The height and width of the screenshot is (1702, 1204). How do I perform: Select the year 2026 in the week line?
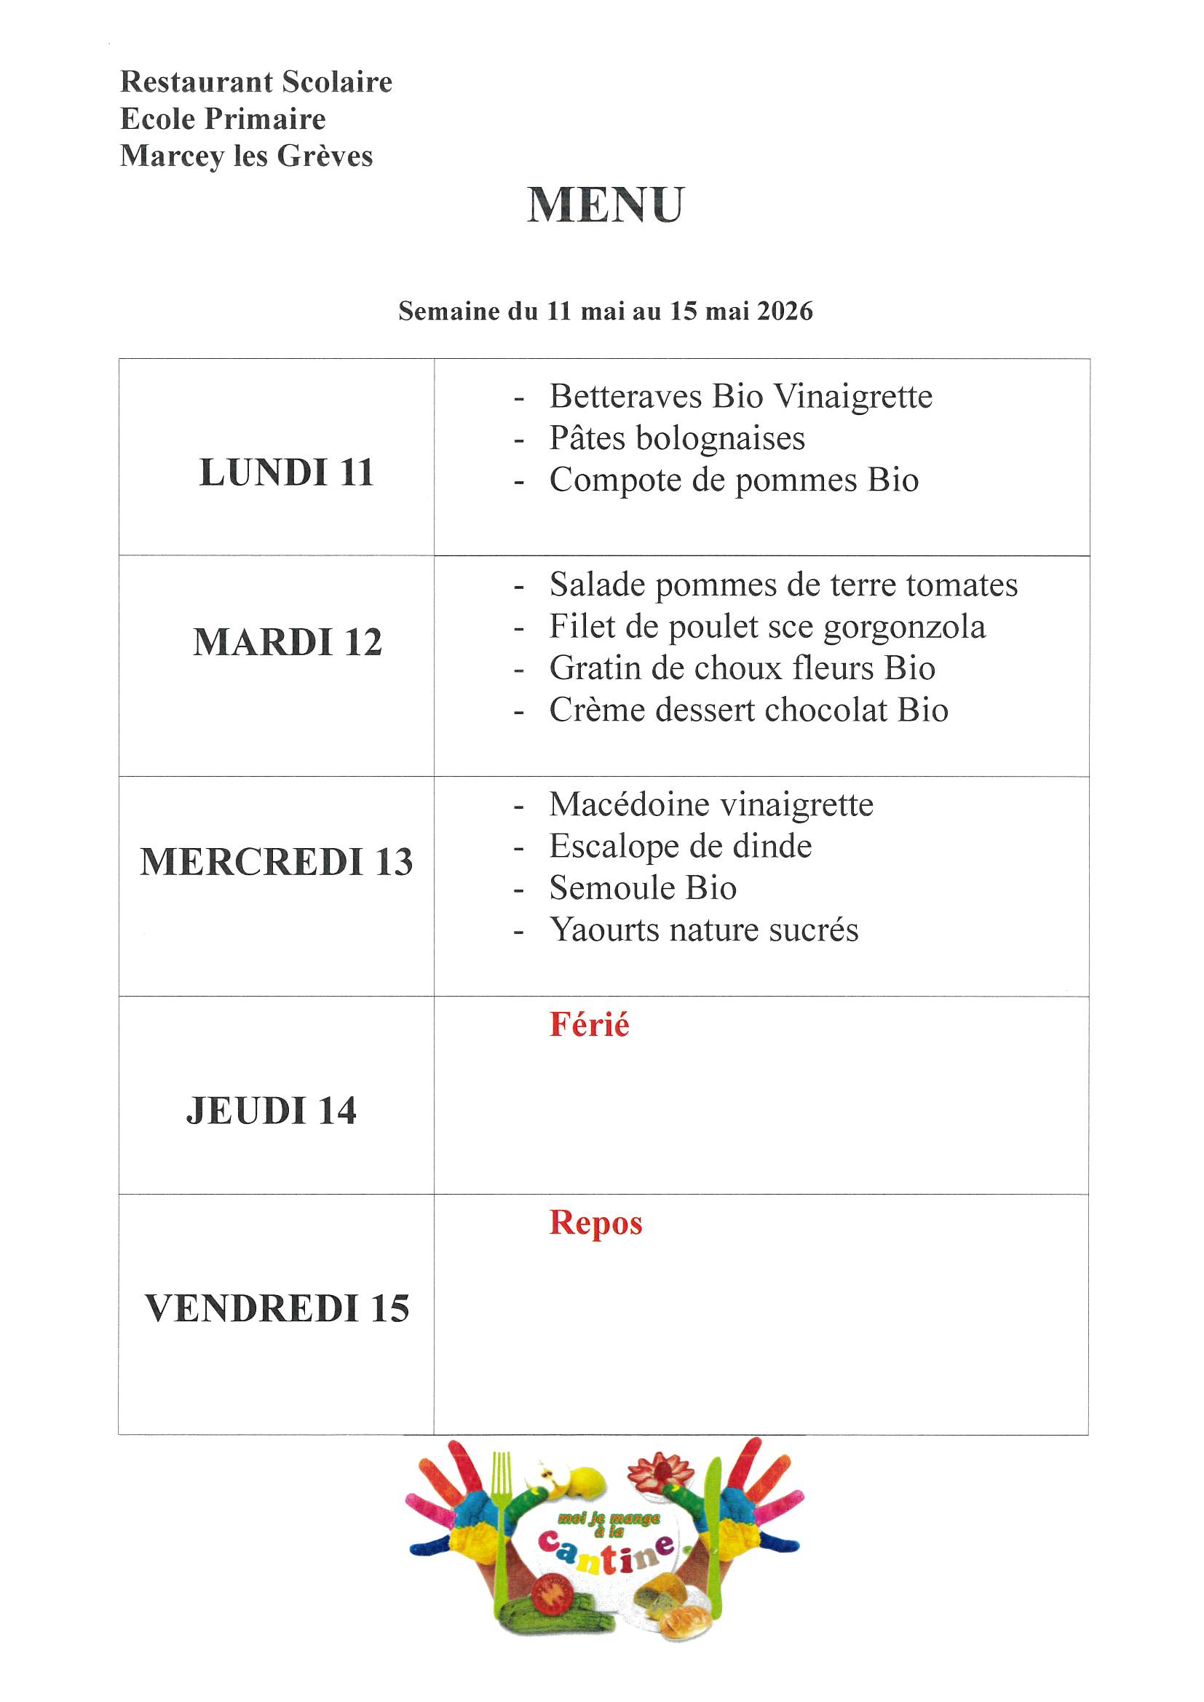click(785, 312)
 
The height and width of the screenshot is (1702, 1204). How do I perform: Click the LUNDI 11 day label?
click(286, 472)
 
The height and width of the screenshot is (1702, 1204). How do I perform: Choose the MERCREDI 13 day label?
click(277, 861)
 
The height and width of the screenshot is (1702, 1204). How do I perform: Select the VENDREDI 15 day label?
click(277, 1307)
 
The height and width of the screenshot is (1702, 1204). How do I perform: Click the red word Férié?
click(589, 1025)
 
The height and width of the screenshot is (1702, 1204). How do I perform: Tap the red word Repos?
click(595, 1223)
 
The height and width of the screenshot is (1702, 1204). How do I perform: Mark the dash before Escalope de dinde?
click(519, 847)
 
